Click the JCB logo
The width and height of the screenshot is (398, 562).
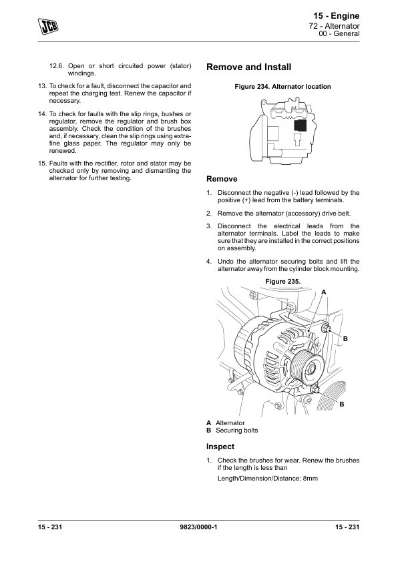click(48, 27)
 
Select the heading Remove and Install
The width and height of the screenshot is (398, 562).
click(249, 67)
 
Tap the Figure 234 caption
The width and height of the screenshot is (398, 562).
click(282, 86)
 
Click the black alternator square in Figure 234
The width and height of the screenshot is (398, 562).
click(300, 125)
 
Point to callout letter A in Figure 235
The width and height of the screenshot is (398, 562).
click(324, 292)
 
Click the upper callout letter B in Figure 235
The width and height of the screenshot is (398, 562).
click(345, 338)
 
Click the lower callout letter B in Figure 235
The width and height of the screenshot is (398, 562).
click(342, 404)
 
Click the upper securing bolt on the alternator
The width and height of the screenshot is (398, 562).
click(325, 328)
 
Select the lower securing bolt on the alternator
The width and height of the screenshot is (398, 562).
click(315, 389)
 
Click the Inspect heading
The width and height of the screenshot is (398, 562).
click(220, 447)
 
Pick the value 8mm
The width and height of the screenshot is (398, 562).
click(310, 478)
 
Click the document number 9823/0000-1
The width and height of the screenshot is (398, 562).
click(198, 527)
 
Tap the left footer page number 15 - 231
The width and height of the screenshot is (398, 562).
click(50, 527)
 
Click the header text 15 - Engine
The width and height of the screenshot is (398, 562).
click(337, 16)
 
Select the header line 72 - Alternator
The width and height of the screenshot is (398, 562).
click(334, 26)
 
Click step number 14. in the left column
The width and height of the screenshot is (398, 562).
click(42, 114)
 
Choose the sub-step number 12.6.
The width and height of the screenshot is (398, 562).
click(56, 66)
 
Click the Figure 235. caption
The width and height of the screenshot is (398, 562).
click(283, 282)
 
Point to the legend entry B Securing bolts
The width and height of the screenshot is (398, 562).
click(232, 430)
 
